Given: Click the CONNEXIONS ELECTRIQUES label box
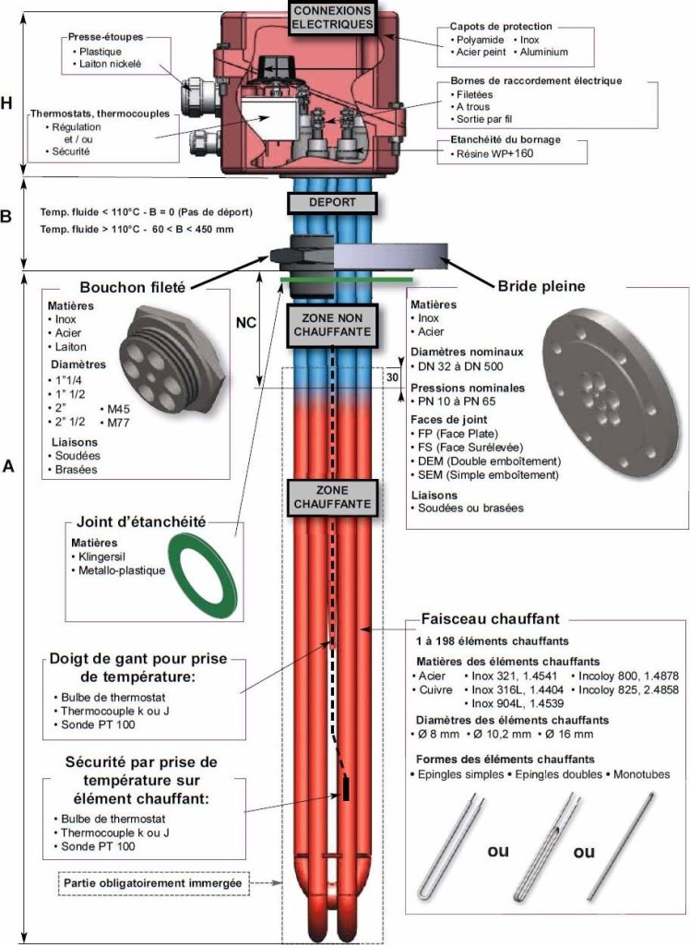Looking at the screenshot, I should tap(332, 18).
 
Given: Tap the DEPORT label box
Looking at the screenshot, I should tap(332, 203).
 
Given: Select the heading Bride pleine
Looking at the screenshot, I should tap(541, 286).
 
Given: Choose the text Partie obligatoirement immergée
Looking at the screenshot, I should tap(152, 883).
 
